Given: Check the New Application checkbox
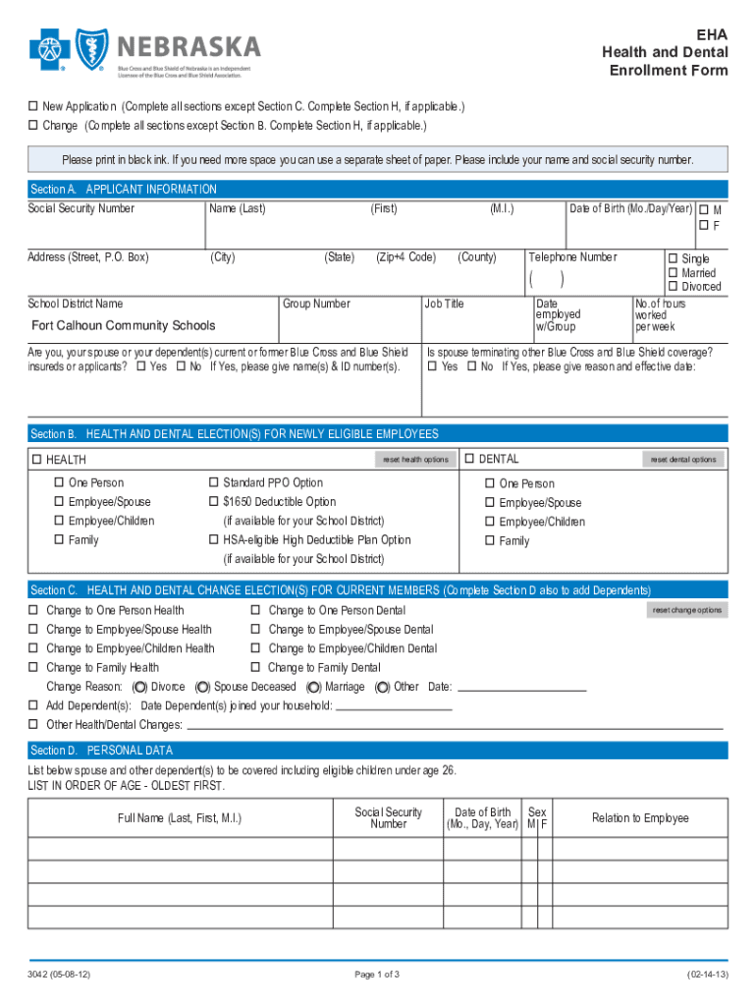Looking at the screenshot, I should coord(32,106).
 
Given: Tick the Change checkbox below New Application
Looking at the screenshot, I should coord(32,126).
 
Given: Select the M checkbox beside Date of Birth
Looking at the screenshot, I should coord(703,210).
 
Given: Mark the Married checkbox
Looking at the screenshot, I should coord(674,273).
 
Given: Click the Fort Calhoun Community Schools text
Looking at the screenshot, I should coord(123,326).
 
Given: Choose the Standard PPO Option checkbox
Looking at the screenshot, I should coord(213,482).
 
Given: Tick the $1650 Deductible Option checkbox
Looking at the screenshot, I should coord(213,502).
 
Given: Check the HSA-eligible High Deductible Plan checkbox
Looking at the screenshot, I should coord(213,540).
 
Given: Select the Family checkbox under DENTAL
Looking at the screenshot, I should coord(489,541).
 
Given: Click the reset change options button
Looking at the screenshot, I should coord(687,610).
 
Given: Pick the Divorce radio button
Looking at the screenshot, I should coord(140,687).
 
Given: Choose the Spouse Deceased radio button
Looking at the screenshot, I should coord(203,687).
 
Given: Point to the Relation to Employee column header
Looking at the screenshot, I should coord(640,818).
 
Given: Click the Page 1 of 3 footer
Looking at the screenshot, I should coord(378,975).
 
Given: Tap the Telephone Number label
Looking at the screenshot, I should coord(573,257).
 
